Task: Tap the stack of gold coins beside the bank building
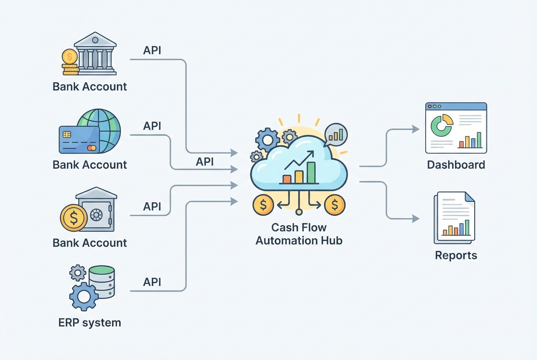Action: [x=70, y=62]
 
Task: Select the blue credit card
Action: [x=79, y=139]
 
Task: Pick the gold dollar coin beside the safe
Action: [x=73, y=218]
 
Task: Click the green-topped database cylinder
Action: [x=102, y=281]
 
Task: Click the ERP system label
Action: [x=90, y=322]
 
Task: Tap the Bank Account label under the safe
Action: [x=90, y=242]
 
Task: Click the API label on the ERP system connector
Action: [x=152, y=282]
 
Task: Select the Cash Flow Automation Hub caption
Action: [x=299, y=234]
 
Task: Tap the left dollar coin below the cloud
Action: [x=263, y=205]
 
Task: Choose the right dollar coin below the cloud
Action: [x=335, y=205]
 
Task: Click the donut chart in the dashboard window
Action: [x=441, y=125]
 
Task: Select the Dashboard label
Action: [x=456, y=165]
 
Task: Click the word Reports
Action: [x=456, y=255]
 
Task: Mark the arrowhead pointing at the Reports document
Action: [x=416, y=219]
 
